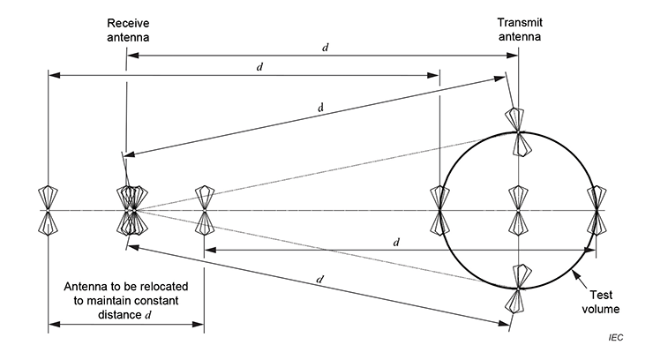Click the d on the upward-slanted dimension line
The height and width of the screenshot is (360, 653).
pyautogui.click(x=320, y=108)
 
